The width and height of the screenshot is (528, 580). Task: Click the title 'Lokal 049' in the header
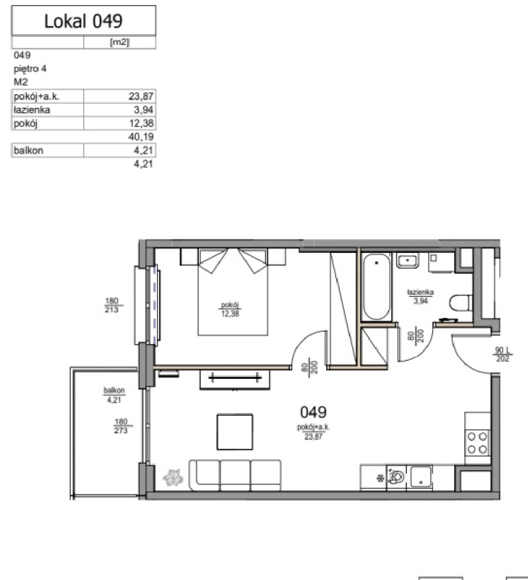tap(83, 21)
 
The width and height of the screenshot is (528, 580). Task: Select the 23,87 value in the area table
tap(141, 97)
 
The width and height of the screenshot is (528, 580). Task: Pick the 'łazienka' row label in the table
tap(32, 110)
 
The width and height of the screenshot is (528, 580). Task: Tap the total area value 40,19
tap(141, 137)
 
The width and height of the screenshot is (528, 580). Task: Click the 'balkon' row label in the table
tap(29, 151)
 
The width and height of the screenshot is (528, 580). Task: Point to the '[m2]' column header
tap(120, 42)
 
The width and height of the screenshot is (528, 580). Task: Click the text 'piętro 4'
tap(30, 69)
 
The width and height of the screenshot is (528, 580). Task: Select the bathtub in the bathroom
tap(376, 286)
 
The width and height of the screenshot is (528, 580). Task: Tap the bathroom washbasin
tap(407, 261)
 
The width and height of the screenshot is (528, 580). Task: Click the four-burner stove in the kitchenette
tap(477, 443)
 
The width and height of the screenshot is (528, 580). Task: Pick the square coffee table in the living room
tap(235, 432)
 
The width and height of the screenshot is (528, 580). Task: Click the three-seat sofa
tap(235, 475)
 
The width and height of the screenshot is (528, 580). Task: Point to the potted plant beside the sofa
tap(173, 478)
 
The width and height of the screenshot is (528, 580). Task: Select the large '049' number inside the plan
tap(313, 412)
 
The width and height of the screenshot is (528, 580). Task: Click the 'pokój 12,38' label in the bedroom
tap(230, 309)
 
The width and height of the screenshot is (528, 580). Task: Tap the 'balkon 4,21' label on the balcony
tap(114, 395)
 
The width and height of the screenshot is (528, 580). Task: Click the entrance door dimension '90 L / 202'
tap(502, 354)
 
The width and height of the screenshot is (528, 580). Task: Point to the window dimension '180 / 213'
tap(112, 305)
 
